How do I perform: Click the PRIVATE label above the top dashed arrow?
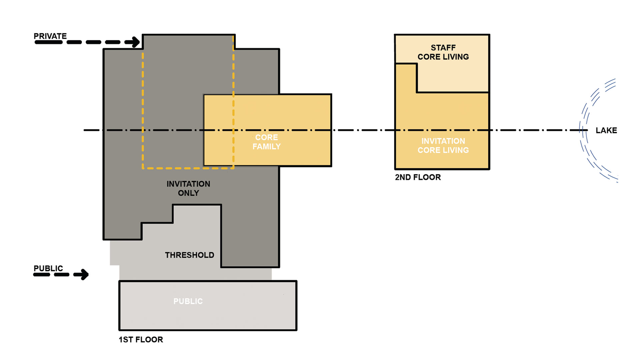coord(50,36)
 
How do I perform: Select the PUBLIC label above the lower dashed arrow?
coord(48,268)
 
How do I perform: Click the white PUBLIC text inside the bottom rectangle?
coord(188,301)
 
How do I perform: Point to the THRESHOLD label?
coord(190,255)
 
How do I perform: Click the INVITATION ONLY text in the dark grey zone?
coord(188,188)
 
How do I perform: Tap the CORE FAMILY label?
coord(267,142)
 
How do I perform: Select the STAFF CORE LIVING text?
coord(443,52)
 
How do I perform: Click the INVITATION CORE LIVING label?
coord(443,146)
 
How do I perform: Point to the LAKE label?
coord(606,130)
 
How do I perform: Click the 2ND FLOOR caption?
coord(418,177)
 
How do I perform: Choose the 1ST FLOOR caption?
coord(141,340)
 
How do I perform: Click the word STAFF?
coord(443,48)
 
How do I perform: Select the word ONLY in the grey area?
coord(188,193)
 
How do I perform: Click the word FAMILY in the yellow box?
coord(267,146)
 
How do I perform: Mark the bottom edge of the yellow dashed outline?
coord(188,168)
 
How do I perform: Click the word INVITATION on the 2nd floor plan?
coord(443,141)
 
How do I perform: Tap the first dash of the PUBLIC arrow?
coord(42,275)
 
